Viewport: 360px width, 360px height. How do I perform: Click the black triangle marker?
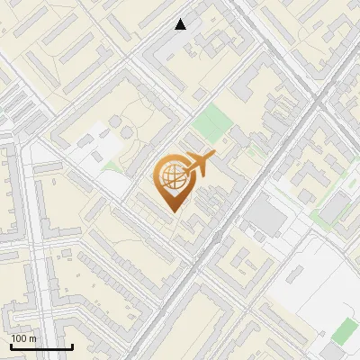tap(181, 24)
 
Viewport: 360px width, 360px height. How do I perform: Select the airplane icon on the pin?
tap(196, 165)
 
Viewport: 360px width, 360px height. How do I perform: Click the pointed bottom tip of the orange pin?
tap(171, 211)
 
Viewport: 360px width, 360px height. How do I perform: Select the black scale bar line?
tap(40, 346)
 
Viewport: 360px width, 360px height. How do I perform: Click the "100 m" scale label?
tap(23, 338)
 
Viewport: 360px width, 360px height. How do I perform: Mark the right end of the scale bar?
tap(72, 346)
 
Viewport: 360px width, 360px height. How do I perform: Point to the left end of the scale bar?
tap(10, 346)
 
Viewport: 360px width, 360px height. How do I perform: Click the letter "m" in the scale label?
tap(32, 338)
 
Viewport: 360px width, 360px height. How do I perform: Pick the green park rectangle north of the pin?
tap(211, 121)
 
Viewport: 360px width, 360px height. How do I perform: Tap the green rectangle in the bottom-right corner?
tap(344, 331)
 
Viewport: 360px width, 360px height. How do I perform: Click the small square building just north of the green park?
tap(200, 94)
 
